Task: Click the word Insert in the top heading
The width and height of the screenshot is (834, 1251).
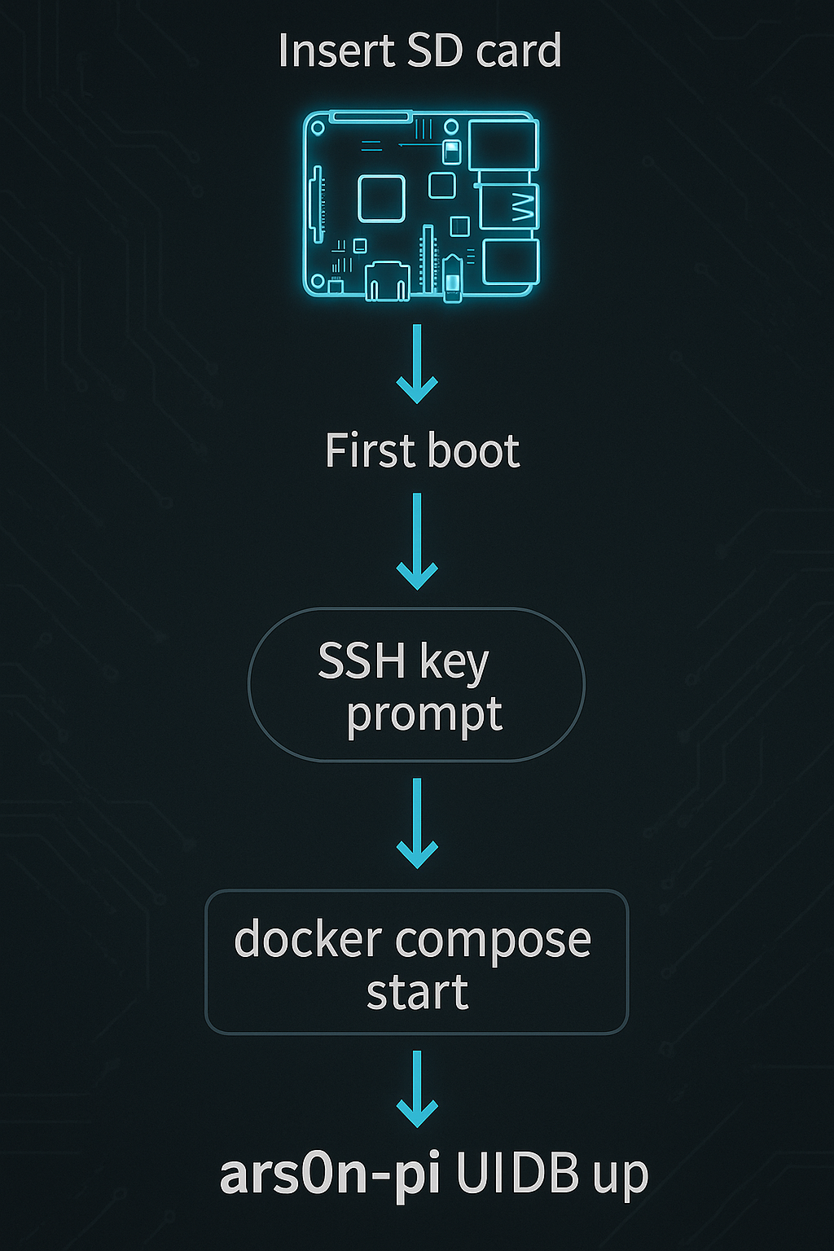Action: (x=335, y=50)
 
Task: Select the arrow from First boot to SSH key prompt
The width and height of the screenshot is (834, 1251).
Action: (x=417, y=541)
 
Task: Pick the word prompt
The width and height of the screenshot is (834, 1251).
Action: (x=424, y=716)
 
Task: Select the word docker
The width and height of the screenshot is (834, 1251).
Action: (x=308, y=940)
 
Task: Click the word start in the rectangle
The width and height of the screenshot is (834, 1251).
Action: (x=417, y=993)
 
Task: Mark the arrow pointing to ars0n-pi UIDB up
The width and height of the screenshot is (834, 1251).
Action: (x=417, y=1089)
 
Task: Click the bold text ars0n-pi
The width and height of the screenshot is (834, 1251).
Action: (x=330, y=1175)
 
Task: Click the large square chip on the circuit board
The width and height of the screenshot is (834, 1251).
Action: (x=381, y=198)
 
